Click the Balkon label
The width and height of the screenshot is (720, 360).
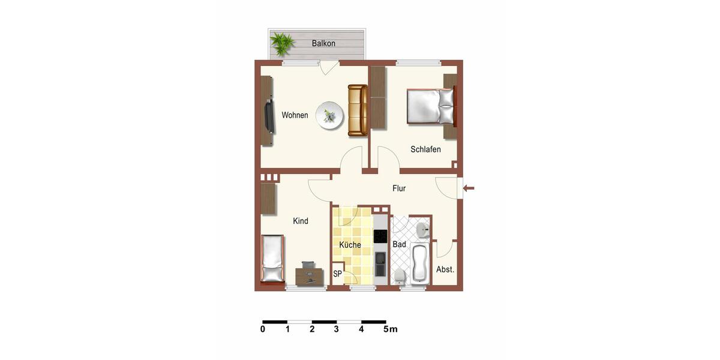(323, 43)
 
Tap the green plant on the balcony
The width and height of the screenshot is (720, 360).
(281, 43)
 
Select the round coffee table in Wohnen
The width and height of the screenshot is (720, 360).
(330, 115)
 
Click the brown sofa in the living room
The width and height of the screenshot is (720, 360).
(358, 110)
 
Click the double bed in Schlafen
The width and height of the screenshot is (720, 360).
(430, 107)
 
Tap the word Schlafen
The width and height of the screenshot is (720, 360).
(425, 149)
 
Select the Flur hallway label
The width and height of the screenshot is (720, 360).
(399, 188)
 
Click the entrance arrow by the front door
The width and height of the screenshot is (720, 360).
(469, 188)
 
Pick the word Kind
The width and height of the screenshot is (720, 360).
(300, 221)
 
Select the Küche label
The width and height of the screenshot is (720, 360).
(350, 245)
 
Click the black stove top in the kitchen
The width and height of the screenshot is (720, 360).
(380, 236)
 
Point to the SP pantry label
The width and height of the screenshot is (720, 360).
(337, 274)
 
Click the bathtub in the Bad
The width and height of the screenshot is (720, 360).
(420, 263)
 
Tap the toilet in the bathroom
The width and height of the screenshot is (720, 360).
(400, 275)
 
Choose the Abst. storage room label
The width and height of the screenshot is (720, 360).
(445, 269)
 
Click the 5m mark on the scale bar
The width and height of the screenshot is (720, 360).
(390, 329)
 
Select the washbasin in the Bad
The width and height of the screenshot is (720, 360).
(422, 229)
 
